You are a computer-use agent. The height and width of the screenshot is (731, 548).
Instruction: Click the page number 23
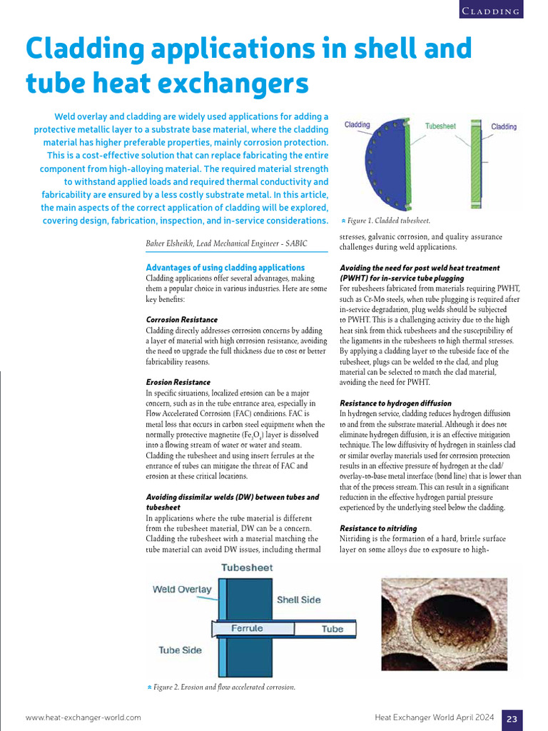[x=512, y=719]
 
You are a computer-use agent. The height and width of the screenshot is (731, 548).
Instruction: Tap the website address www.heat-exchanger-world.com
[x=83, y=717]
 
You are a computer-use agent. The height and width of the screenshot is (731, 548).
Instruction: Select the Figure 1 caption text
[x=389, y=221]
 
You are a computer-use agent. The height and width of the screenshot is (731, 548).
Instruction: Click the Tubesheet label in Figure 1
[x=440, y=126]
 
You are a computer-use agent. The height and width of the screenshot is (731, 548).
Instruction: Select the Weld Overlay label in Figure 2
[x=182, y=589]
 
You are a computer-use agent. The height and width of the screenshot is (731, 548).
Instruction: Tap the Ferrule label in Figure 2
[x=247, y=628]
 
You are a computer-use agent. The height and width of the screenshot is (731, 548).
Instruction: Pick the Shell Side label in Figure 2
[x=298, y=600]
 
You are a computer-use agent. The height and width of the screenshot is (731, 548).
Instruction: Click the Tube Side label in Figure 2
[x=180, y=650]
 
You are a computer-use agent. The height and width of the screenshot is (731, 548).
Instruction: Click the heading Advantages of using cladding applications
[x=225, y=268]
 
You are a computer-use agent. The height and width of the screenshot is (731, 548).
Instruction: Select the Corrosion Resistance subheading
[x=181, y=320]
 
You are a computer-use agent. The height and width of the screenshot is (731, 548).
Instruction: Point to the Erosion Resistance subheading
[x=178, y=382]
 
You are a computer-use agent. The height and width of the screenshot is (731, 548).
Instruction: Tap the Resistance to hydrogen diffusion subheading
[x=395, y=403]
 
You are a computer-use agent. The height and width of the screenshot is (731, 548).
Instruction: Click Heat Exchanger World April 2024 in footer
[x=435, y=717]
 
